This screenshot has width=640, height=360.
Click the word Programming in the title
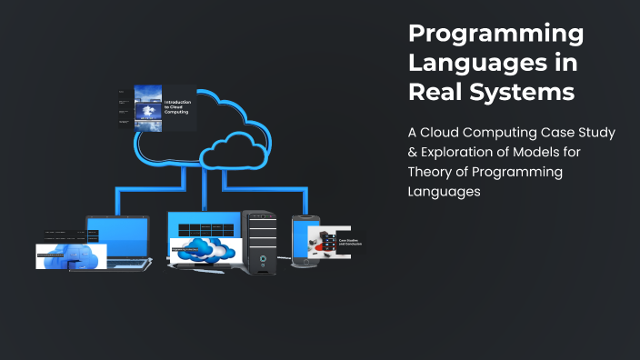tap(495, 35)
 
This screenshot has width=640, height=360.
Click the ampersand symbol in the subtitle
tap(414, 152)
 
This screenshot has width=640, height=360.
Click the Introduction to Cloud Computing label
tap(175, 107)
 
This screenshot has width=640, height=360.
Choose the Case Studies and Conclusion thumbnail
tap(334, 242)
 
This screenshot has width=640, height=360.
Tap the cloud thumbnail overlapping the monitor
tap(206, 248)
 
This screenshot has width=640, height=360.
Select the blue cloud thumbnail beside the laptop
tap(71, 256)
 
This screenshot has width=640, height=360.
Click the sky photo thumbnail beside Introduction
tap(148, 106)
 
